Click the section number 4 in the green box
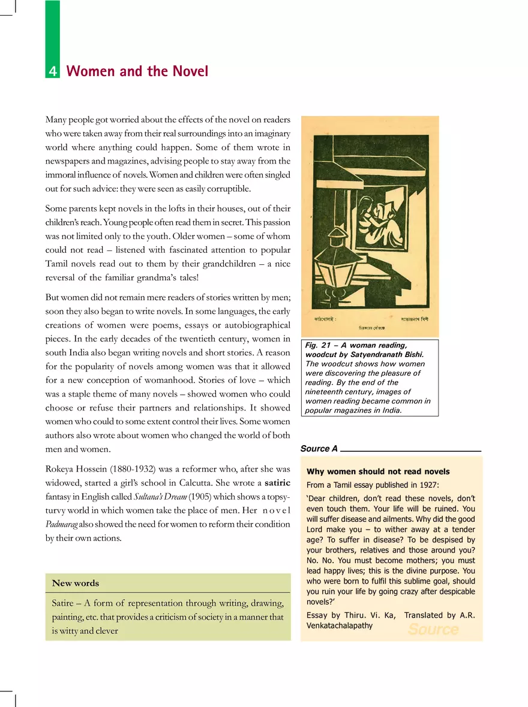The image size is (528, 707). click(53, 72)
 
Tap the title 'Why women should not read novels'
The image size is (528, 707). click(378, 472)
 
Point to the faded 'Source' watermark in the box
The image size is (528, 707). click(433, 629)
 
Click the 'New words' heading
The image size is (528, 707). click(76, 583)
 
